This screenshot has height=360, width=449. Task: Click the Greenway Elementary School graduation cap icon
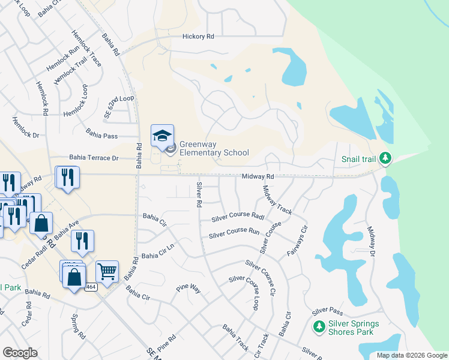(x=162, y=136)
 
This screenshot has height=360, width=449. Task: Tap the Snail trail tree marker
(x=385, y=158)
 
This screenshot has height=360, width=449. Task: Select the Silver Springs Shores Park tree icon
(x=319, y=327)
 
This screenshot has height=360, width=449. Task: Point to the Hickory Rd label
(x=199, y=37)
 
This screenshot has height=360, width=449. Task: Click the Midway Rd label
(x=258, y=176)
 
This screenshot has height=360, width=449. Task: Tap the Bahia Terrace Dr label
(x=94, y=157)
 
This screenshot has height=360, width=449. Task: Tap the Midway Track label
(x=277, y=199)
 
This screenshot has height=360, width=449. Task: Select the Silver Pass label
(x=327, y=310)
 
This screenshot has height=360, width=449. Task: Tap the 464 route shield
(x=90, y=287)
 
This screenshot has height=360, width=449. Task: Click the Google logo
(x=20, y=353)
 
